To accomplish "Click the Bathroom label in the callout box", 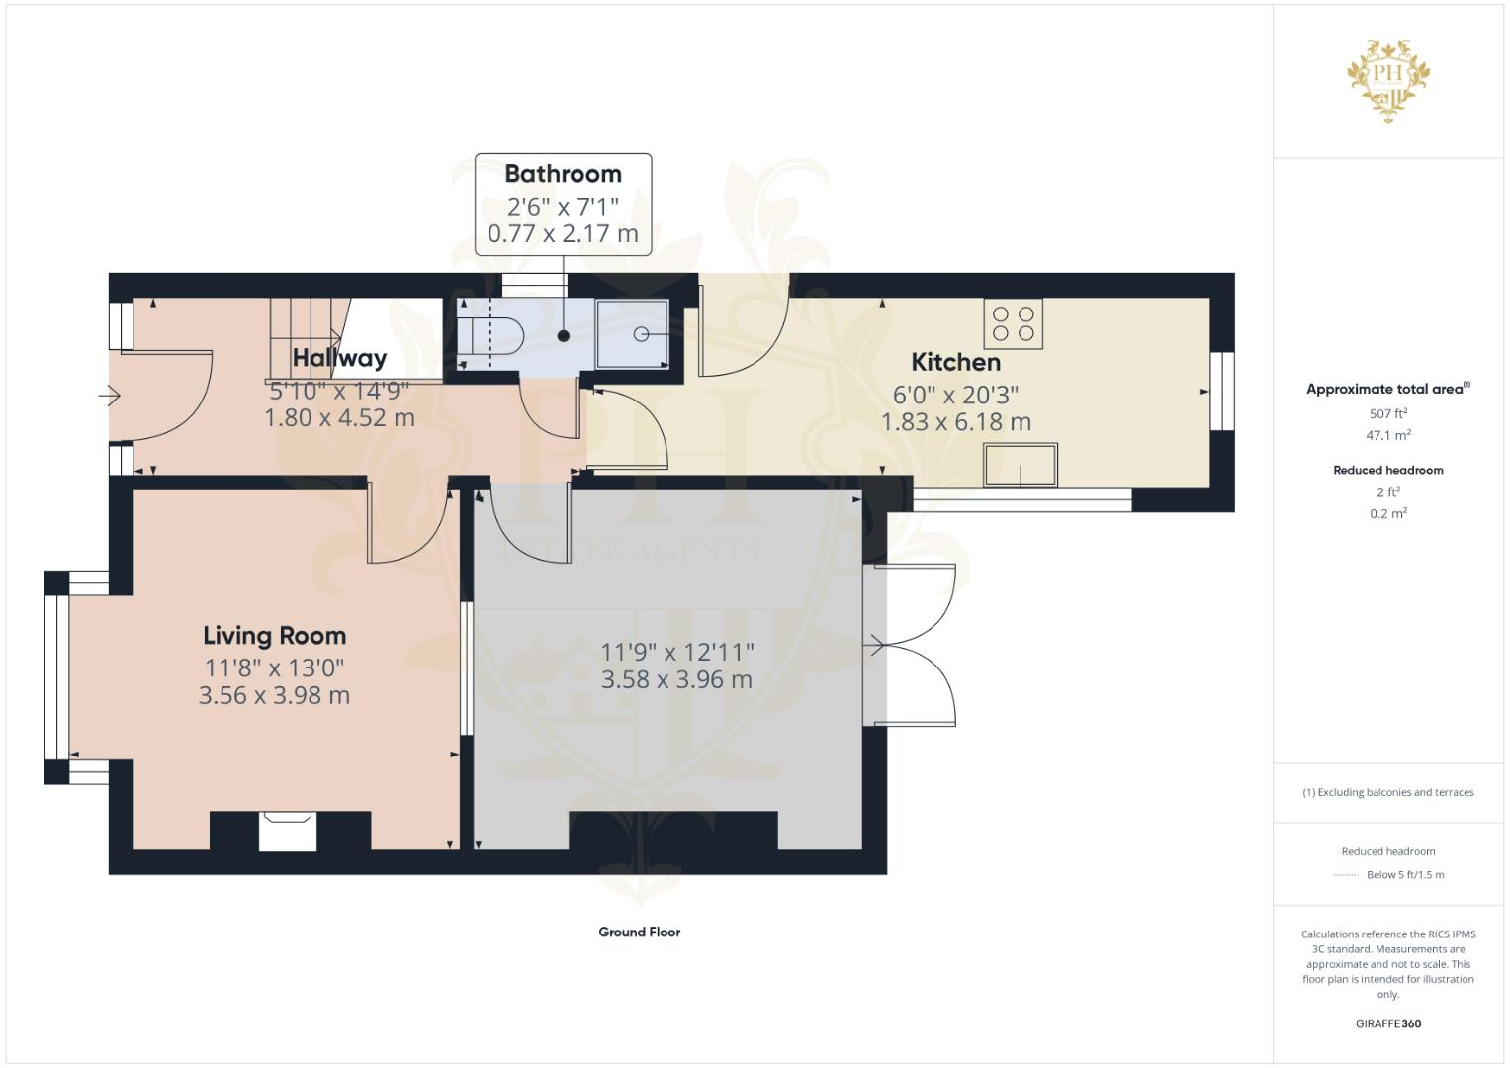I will (x=563, y=174).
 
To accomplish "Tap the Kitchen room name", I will (x=955, y=362).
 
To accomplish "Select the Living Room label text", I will (x=274, y=636).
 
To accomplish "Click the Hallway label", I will (x=339, y=358).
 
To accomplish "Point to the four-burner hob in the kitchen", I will (x=1013, y=323).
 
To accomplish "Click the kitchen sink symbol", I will (x=1020, y=465).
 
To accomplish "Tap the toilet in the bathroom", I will (x=493, y=335).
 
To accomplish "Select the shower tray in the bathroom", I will (x=633, y=334).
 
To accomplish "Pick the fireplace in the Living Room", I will (x=288, y=830).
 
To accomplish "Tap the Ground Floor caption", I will (x=639, y=932).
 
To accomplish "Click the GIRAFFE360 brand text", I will (x=1387, y=1023).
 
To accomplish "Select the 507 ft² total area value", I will (x=1387, y=413).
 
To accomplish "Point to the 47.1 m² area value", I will (x=1387, y=435).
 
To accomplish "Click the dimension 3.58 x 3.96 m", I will (x=676, y=680).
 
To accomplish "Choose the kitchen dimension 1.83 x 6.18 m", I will (x=955, y=422).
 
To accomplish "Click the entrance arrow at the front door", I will (x=110, y=397).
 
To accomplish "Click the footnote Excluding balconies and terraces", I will (x=1387, y=792).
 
